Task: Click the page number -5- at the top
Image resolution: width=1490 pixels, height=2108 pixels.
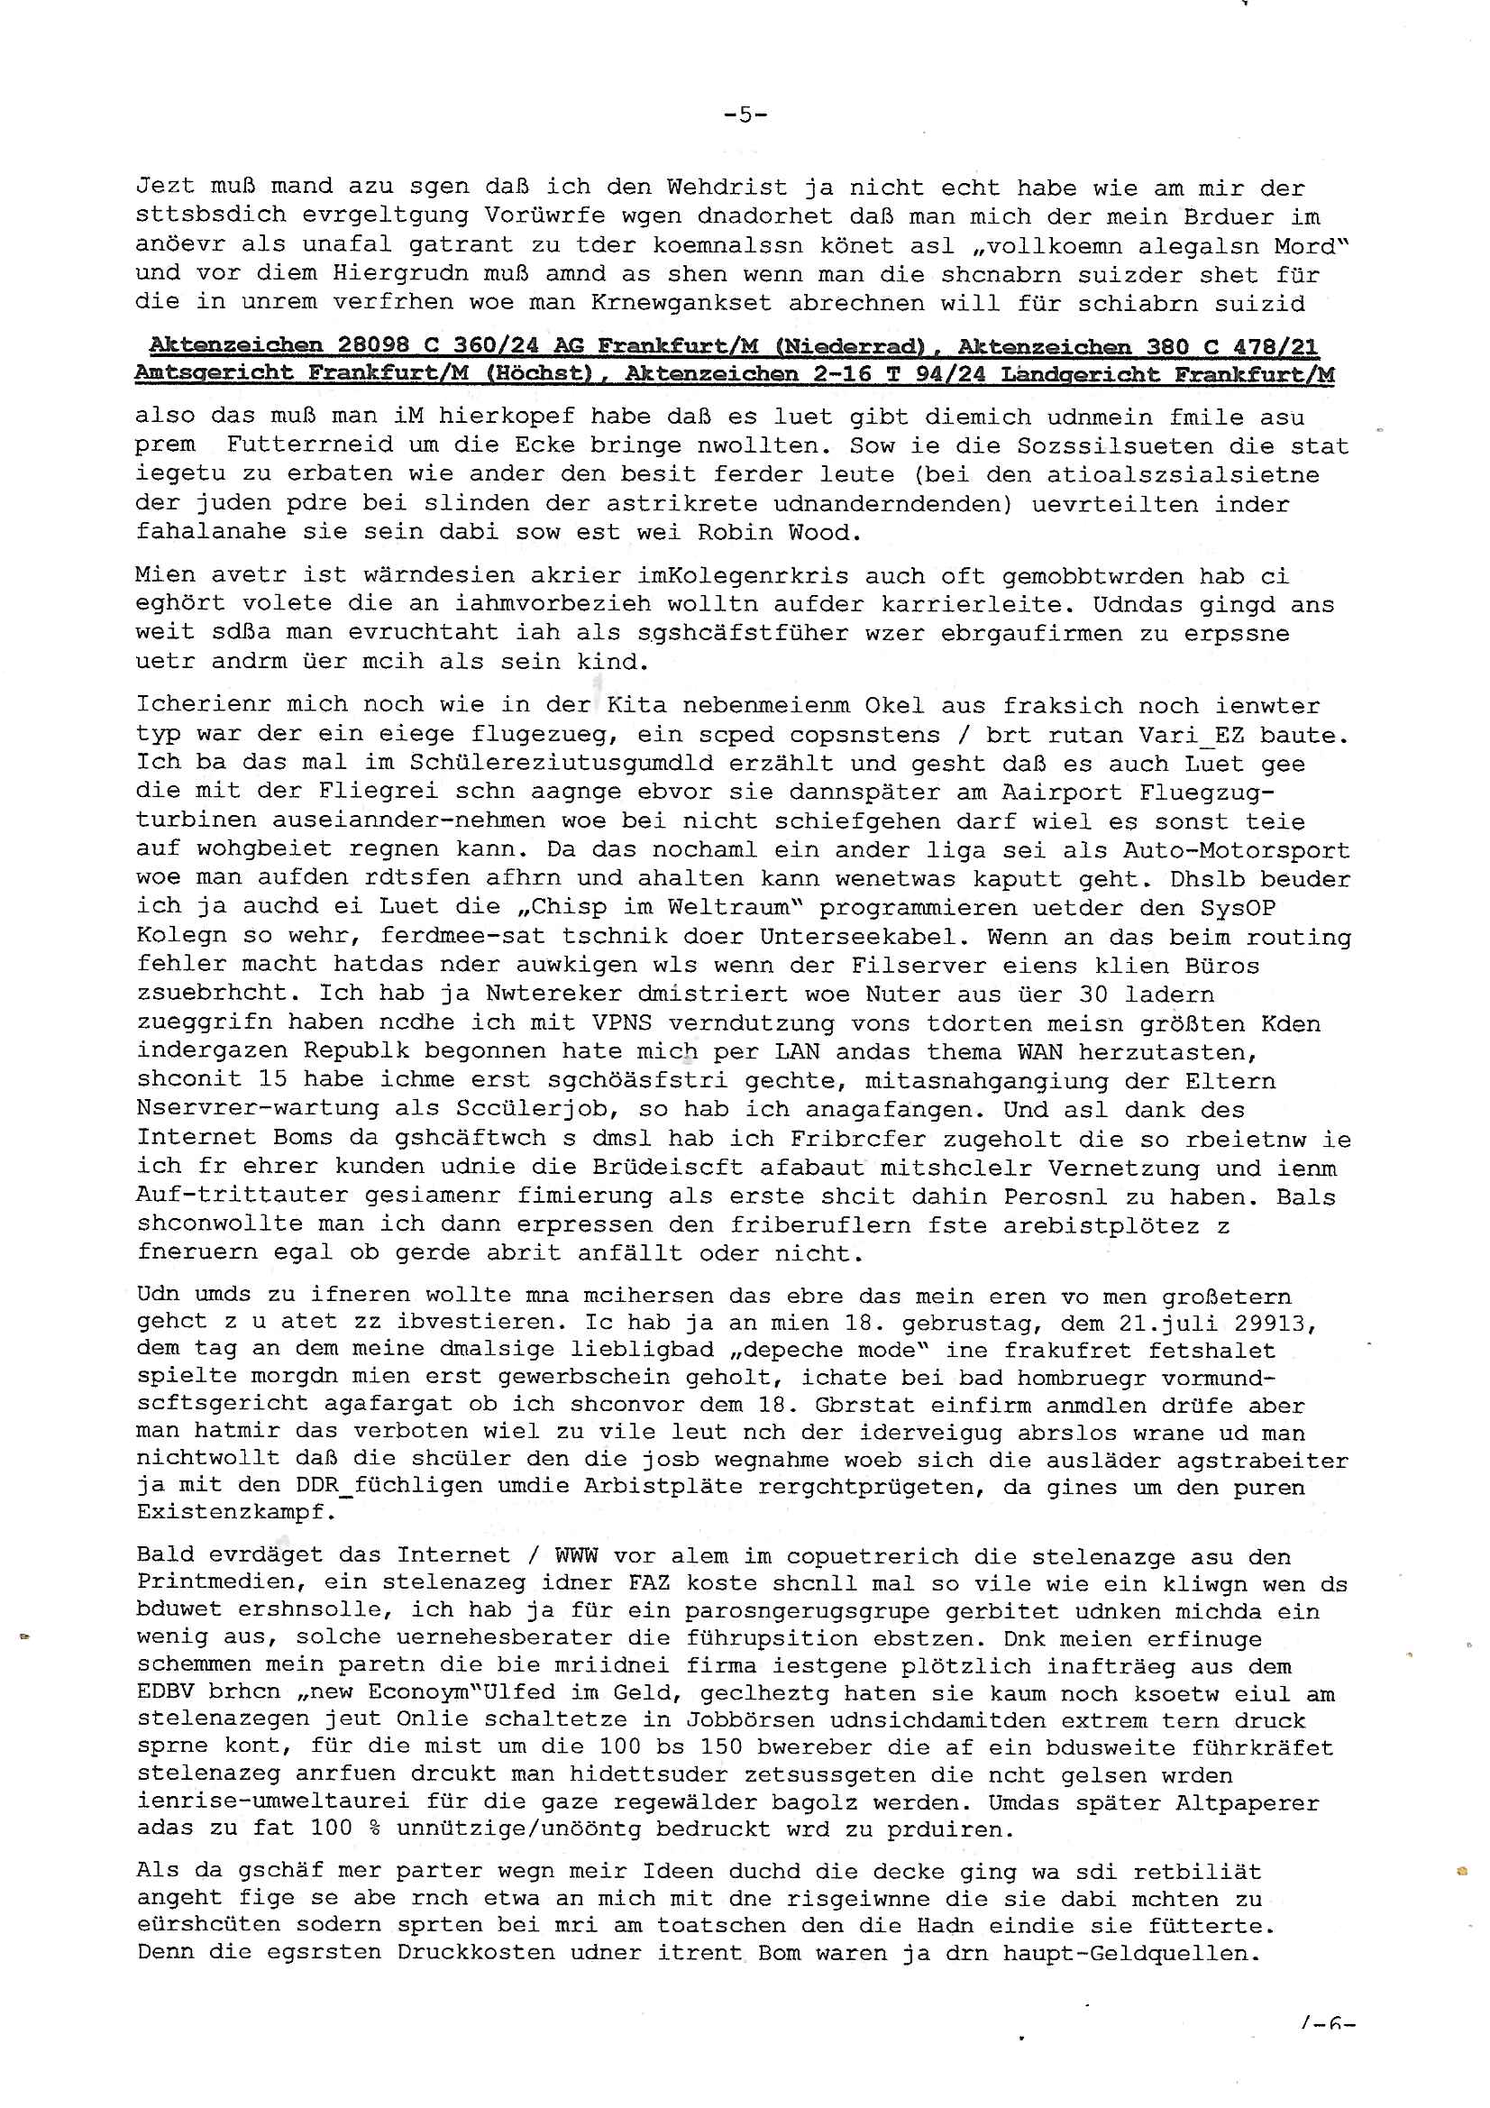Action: [x=745, y=115]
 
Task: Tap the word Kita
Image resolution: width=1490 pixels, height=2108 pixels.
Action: [x=636, y=705]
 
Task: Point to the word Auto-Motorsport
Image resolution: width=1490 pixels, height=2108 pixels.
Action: [x=1237, y=851]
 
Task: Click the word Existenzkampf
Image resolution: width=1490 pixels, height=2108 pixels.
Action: [x=235, y=1512]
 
